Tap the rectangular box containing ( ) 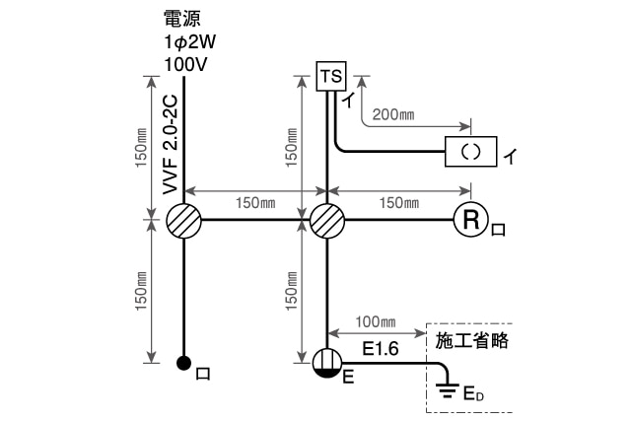[471, 152]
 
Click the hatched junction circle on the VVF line [183, 221]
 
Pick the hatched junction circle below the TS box [327, 221]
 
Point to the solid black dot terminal [183, 363]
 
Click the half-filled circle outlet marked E [327, 364]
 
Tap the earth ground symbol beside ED [447, 391]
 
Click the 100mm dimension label [376, 322]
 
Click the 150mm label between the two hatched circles [254, 203]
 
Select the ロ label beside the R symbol [499, 230]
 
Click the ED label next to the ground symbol [474, 395]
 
